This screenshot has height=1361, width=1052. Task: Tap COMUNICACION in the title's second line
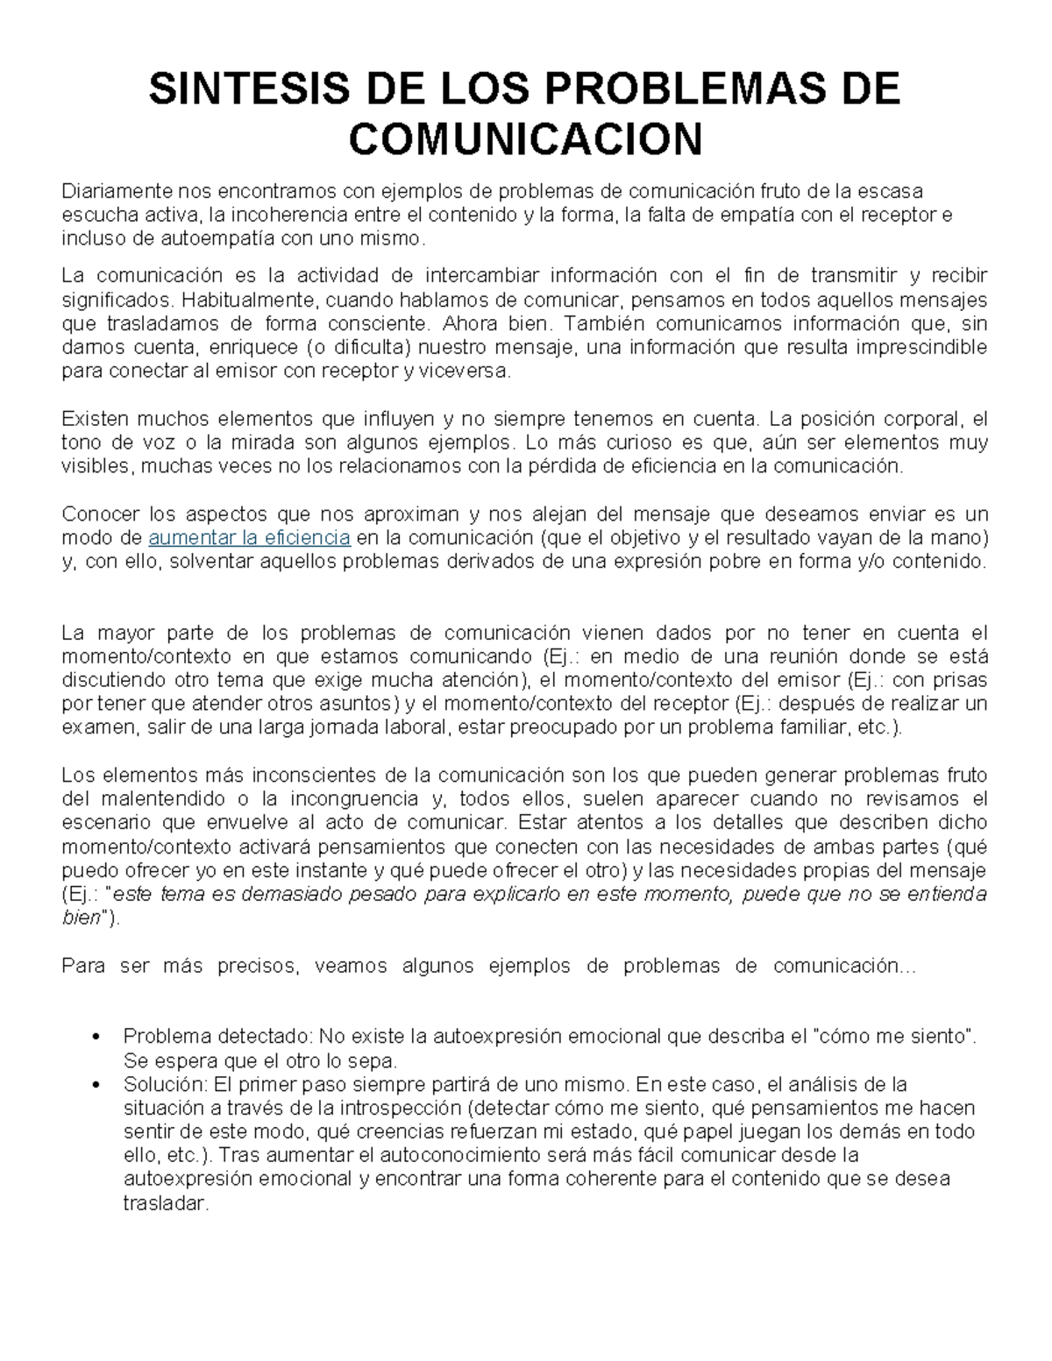click(x=526, y=138)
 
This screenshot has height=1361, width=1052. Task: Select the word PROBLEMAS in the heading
click(x=666, y=90)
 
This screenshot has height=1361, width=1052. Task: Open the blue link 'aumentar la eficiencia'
click(x=250, y=537)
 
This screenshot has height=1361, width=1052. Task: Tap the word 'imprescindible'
click(x=925, y=347)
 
